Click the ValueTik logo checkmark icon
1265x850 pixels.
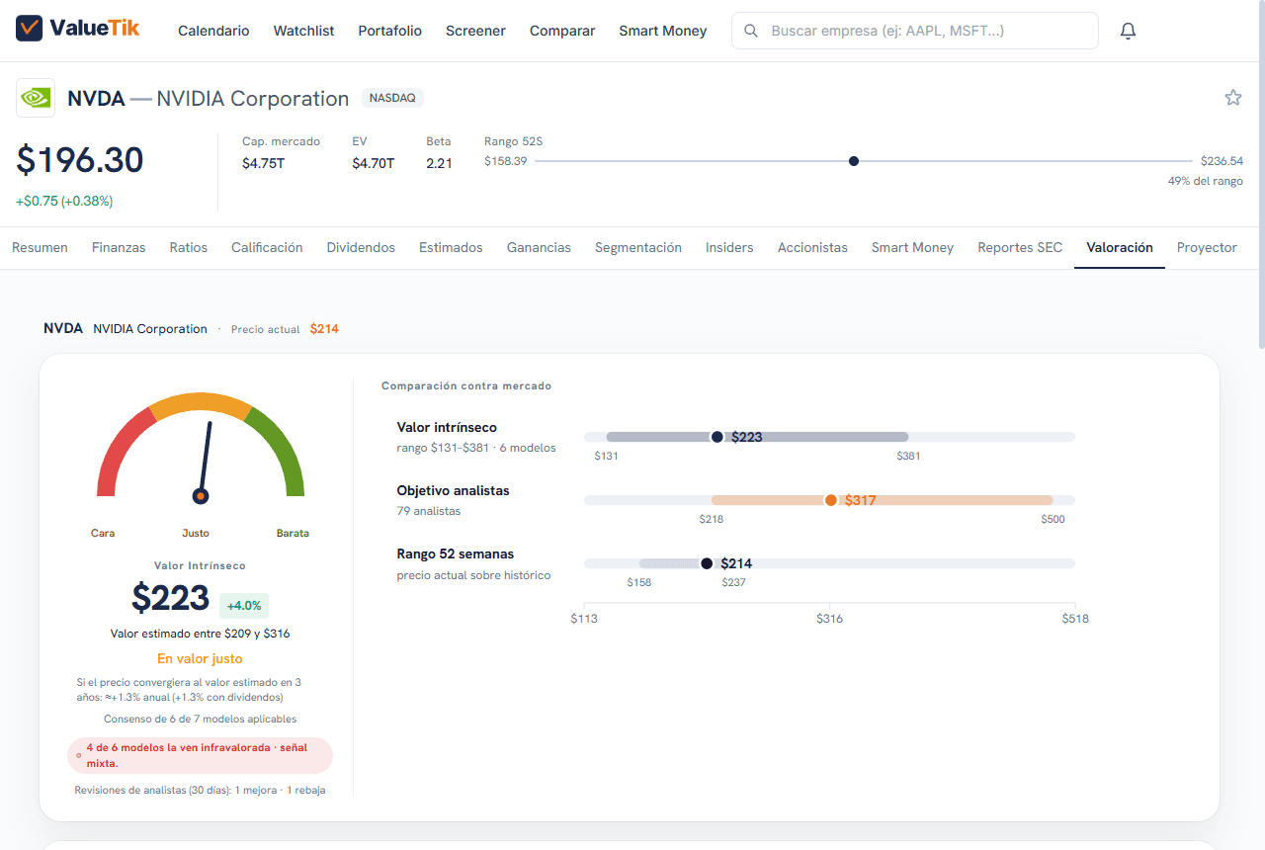click(x=29, y=29)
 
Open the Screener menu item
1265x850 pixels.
click(x=475, y=31)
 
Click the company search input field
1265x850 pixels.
click(x=915, y=31)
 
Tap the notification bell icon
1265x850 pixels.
click(x=1128, y=31)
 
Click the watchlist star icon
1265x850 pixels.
click(x=1232, y=98)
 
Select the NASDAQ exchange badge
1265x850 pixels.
click(x=392, y=98)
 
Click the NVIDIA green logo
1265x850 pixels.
click(x=36, y=98)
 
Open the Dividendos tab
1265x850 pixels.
click(x=361, y=247)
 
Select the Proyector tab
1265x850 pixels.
click(x=1207, y=247)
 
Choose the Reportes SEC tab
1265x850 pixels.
click(x=1020, y=247)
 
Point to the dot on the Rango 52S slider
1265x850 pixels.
click(x=854, y=161)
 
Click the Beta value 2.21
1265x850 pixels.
click(x=439, y=163)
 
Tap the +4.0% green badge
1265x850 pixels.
click(x=244, y=606)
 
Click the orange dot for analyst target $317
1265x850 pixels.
click(x=831, y=500)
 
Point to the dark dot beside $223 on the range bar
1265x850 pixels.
click(x=717, y=437)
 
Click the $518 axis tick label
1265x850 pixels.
click(x=1075, y=619)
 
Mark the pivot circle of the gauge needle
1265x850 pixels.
click(x=201, y=496)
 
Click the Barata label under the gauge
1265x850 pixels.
click(x=293, y=533)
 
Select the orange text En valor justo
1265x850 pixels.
click(x=200, y=658)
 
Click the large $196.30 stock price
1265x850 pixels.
click(x=80, y=160)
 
